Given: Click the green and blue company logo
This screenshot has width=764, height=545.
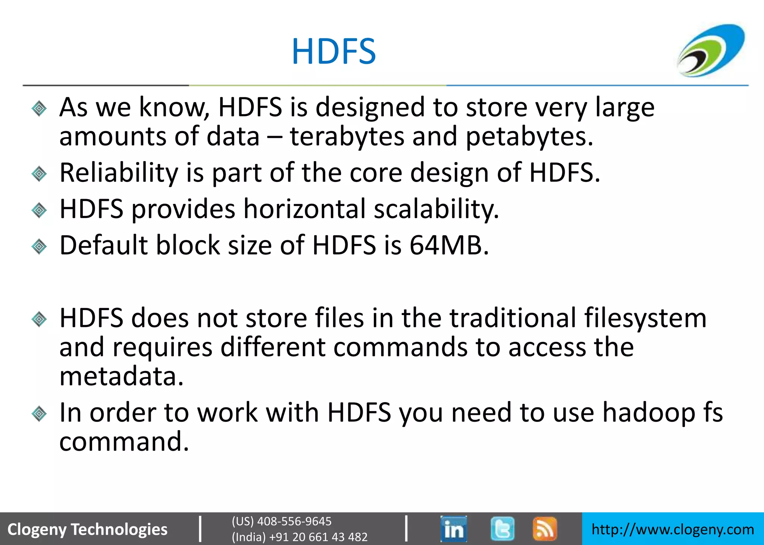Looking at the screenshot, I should tap(711, 50).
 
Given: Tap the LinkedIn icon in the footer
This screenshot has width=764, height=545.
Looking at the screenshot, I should tap(453, 529).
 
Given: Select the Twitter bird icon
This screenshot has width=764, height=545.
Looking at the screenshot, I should tap(502, 529).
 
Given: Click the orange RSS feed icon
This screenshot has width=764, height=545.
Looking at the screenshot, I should tap(545, 529).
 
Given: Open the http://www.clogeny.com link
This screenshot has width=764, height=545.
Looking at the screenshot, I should tap(673, 529).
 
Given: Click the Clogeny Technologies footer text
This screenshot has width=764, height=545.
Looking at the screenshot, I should tap(87, 529).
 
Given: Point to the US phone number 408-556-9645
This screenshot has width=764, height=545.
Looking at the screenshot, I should tap(282, 521).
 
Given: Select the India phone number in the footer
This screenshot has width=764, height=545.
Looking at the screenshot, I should tap(300, 537).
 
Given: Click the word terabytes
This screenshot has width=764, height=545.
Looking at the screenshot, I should tap(347, 136).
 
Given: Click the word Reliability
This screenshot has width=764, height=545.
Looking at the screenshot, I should tap(119, 173).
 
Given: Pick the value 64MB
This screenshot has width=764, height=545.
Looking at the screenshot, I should tap(449, 246).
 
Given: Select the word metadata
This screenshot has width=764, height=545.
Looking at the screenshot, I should tap(121, 377).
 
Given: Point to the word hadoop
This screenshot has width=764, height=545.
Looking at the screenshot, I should tap(649, 413).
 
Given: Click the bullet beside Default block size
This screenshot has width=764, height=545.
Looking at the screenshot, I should tap(39, 246).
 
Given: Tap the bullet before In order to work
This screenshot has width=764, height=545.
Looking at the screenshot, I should tap(39, 414).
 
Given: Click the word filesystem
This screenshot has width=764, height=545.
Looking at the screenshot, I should tap(645, 319).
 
